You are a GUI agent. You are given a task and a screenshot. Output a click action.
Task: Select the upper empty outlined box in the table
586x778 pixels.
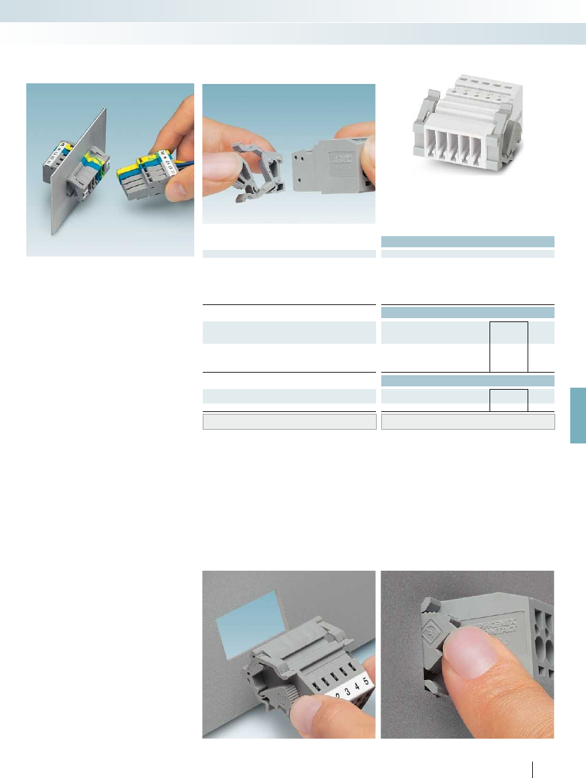[509, 346]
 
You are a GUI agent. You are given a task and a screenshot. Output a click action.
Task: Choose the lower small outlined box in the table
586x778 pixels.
[509, 399]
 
